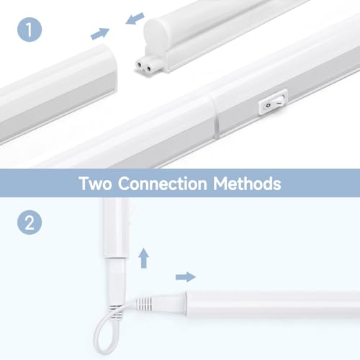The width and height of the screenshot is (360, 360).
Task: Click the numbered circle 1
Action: [30, 30]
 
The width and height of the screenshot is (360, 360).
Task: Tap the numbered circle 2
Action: [30, 222]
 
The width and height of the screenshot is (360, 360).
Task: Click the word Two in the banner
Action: [95, 184]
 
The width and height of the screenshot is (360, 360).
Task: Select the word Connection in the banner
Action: [163, 184]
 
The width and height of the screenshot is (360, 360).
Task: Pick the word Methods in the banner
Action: [247, 184]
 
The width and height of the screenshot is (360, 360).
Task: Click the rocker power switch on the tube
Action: [273, 102]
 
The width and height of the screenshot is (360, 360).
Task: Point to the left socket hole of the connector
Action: [139, 64]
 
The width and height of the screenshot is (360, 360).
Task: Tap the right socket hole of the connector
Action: [149, 69]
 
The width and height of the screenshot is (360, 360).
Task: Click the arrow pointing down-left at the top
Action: [135, 19]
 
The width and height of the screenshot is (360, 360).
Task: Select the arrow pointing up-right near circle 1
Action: [100, 34]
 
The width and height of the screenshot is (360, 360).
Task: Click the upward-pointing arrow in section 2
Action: [143, 258]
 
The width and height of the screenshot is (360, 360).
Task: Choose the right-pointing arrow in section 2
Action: [186, 277]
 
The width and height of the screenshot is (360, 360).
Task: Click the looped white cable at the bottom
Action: [108, 336]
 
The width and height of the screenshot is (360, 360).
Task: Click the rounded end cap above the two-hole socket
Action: [155, 32]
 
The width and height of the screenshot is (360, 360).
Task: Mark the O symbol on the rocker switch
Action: [269, 105]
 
